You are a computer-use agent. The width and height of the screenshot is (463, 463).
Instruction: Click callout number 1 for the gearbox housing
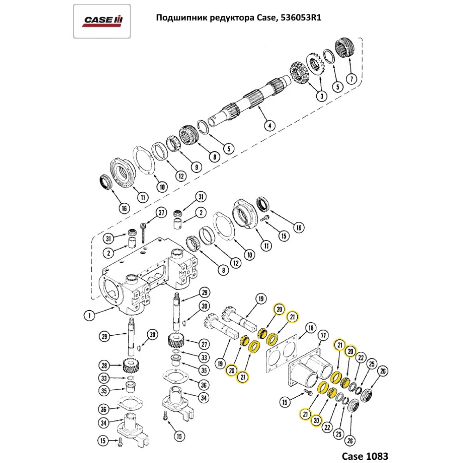89,316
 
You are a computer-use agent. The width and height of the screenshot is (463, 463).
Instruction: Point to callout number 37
161,213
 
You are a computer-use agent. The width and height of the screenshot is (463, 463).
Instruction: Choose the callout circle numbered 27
204,344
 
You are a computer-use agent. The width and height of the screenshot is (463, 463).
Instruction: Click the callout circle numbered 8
213,156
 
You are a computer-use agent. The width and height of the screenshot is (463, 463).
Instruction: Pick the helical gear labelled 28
131,368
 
